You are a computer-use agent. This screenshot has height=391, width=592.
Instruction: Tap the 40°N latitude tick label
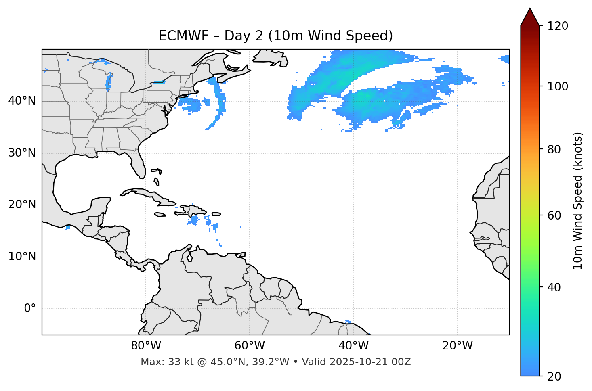point(22,101)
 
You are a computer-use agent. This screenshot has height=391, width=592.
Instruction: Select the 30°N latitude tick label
point(22,153)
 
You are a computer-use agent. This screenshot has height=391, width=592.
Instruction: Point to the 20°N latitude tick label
point(22,205)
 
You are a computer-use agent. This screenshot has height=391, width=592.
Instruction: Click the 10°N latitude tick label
point(22,257)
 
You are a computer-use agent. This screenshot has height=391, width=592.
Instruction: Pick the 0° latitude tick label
point(30,309)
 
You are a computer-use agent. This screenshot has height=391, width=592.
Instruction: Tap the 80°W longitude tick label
point(146,346)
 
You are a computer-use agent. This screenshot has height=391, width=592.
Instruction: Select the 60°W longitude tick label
point(250,346)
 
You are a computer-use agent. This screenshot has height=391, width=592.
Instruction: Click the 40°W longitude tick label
point(353,346)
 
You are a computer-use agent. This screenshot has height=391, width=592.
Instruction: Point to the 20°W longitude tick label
point(458,346)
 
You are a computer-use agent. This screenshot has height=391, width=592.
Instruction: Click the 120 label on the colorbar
point(558,26)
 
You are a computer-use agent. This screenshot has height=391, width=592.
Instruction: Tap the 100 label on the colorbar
point(558,86)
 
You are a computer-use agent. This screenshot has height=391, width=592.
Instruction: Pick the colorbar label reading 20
point(554,376)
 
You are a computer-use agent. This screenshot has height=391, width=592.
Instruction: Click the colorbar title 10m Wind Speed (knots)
point(578,201)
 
